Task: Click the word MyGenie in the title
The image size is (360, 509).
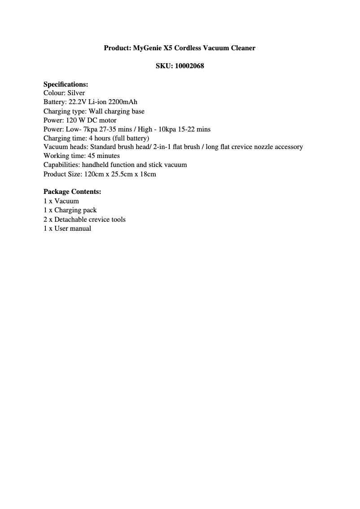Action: (x=146, y=48)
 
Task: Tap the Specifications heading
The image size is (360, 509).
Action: (x=66, y=84)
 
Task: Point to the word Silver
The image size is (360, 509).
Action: (x=76, y=93)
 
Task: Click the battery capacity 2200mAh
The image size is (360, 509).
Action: (x=123, y=102)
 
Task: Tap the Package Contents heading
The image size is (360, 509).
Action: (x=72, y=192)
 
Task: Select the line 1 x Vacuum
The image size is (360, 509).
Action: (x=61, y=201)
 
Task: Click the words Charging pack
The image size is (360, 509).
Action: (x=75, y=210)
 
